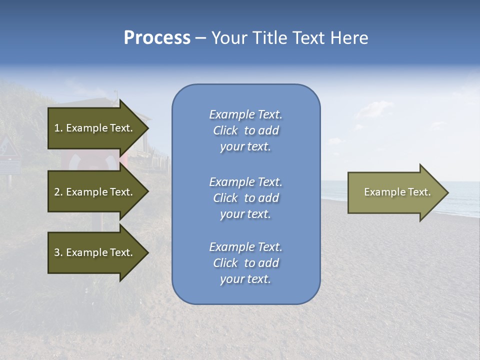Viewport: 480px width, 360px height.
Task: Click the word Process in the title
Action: pyautogui.click(x=157, y=38)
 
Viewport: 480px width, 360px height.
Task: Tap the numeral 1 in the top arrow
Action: pyautogui.click(x=56, y=128)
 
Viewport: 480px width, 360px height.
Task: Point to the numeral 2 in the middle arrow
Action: pyautogui.click(x=56, y=192)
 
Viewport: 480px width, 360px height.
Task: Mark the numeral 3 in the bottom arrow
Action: pyautogui.click(x=56, y=252)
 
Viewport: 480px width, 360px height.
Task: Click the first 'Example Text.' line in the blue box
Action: pyautogui.click(x=245, y=114)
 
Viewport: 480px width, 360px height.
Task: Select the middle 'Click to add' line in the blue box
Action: pyautogui.click(x=245, y=198)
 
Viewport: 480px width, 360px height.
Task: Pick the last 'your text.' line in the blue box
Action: pyautogui.click(x=245, y=279)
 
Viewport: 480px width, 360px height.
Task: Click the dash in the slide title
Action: pyautogui.click(x=200, y=38)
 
